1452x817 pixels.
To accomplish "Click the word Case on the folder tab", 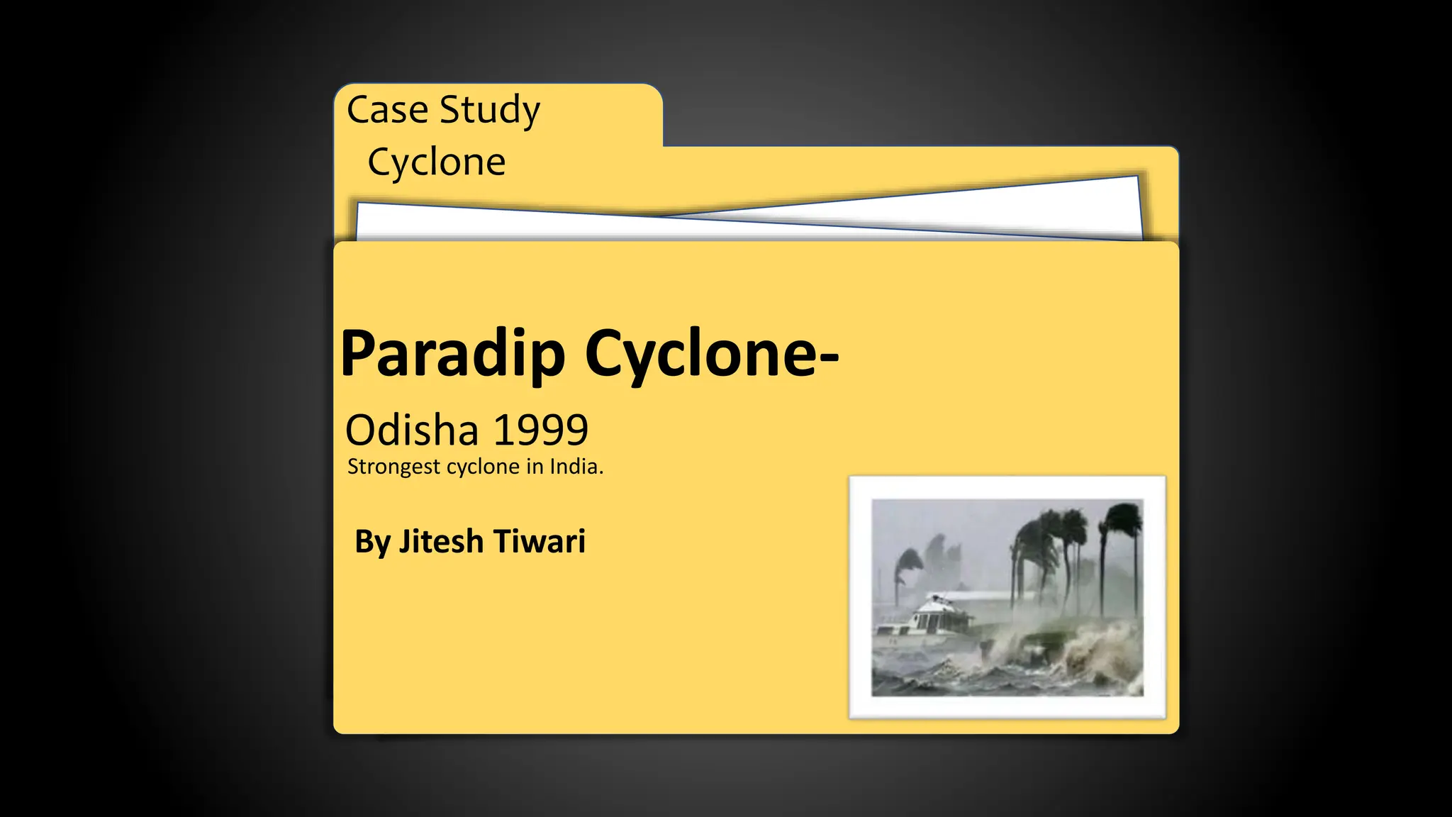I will point(387,110).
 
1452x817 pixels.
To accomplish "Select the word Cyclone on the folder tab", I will point(436,162).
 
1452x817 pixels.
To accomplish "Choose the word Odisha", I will point(412,430).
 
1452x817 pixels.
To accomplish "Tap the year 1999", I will point(540,430).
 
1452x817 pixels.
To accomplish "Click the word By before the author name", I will point(372,542).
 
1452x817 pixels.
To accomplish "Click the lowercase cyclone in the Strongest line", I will point(481,467).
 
